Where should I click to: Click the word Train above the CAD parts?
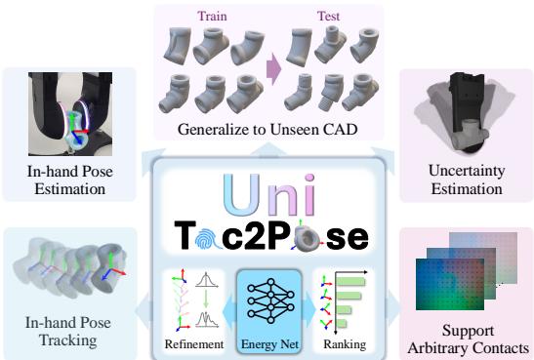(x=213, y=17)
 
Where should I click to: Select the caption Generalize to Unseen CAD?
(x=267, y=129)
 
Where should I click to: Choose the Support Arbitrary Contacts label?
(x=466, y=338)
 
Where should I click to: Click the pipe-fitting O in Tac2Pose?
(x=311, y=239)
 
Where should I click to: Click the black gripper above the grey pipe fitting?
(x=466, y=88)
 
